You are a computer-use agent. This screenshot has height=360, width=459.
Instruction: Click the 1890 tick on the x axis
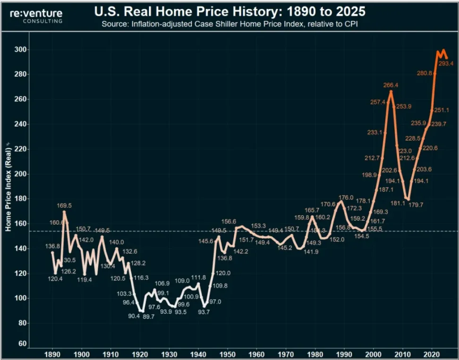coord(52,353)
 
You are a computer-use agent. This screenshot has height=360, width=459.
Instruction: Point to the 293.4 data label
coord(446,64)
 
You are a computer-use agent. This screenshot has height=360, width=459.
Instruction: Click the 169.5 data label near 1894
coord(65,206)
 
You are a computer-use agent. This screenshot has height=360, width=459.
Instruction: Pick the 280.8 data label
coord(424,73)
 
